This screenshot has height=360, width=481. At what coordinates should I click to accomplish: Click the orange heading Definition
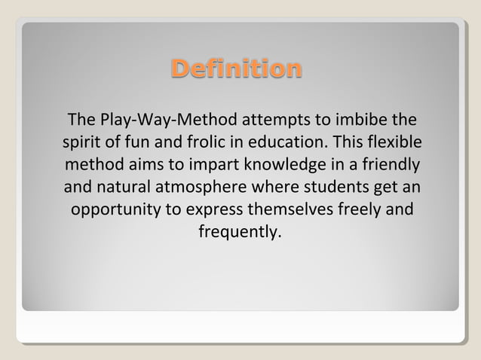[236, 69]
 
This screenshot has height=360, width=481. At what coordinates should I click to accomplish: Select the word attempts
[269, 121]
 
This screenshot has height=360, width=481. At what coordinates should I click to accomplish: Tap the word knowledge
[286, 164]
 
